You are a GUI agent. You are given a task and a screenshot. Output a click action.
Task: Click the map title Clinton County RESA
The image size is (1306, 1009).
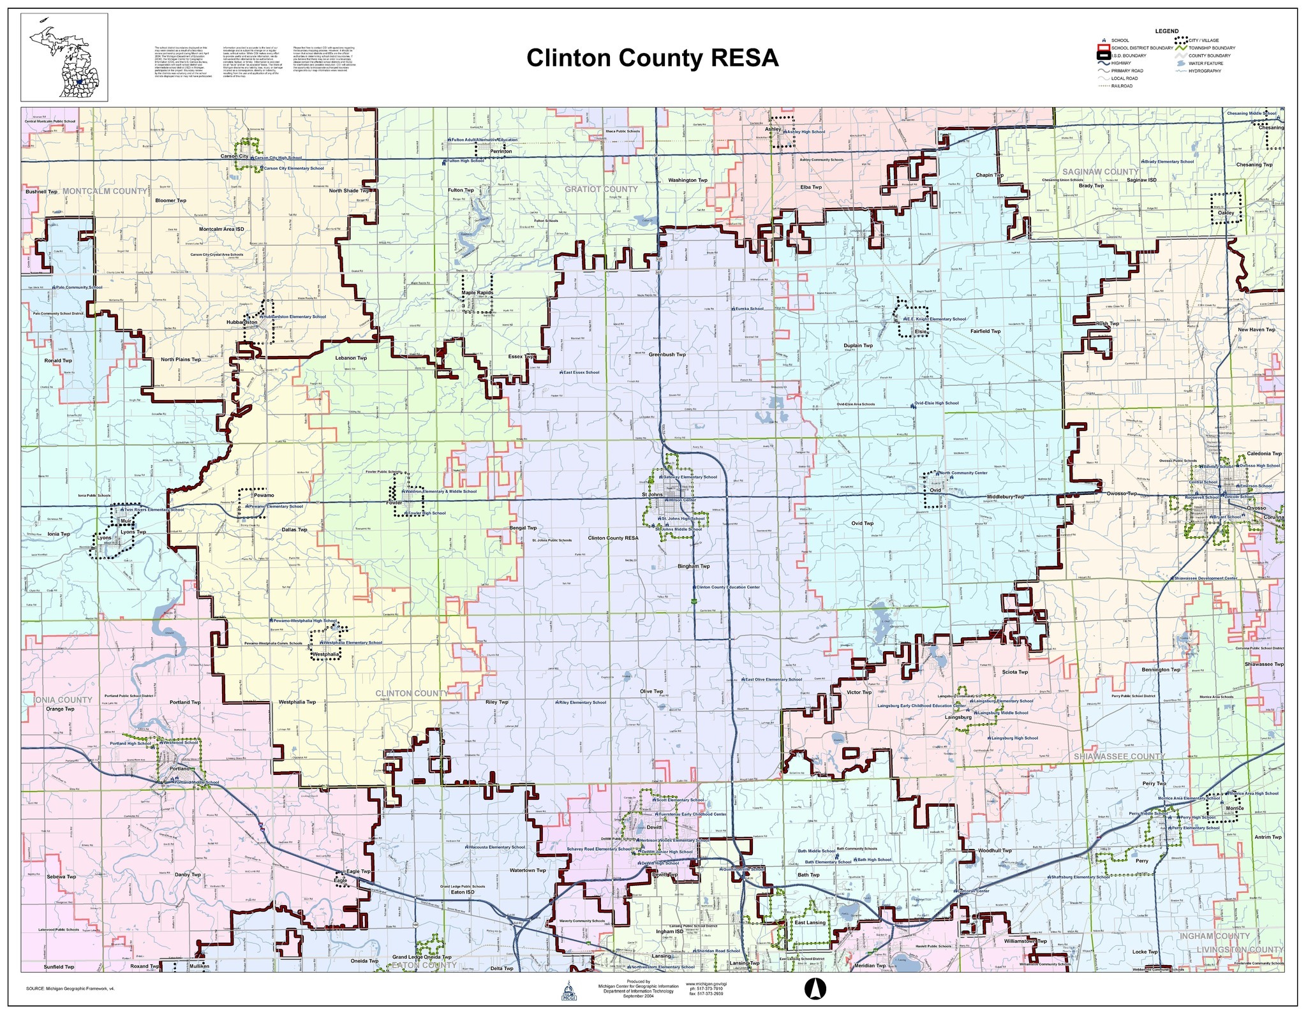(652, 58)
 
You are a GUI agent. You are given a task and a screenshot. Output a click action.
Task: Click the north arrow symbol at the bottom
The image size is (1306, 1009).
(813, 988)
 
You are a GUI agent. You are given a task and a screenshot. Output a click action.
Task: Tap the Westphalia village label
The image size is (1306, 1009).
(325, 654)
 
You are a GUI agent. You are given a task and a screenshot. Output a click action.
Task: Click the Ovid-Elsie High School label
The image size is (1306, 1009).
(936, 403)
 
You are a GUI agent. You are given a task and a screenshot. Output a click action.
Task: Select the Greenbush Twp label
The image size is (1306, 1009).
(667, 354)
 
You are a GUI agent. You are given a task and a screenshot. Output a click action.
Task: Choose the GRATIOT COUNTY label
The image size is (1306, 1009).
(601, 189)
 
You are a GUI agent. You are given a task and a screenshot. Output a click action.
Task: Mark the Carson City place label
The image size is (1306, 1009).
(234, 156)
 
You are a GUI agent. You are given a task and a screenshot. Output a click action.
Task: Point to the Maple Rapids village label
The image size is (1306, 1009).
(477, 293)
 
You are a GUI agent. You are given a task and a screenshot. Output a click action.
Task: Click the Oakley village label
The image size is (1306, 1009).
(1226, 213)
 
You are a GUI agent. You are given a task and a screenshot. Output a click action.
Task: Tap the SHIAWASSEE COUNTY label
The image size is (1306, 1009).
(1119, 756)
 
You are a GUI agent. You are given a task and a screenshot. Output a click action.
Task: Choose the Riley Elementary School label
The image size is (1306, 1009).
(582, 702)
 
